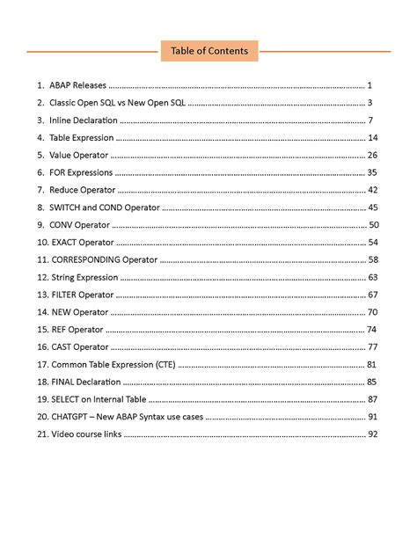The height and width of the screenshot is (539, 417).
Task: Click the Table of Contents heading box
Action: [x=208, y=51]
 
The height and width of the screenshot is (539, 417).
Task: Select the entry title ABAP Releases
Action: [x=77, y=85]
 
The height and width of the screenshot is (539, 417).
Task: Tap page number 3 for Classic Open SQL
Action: [x=371, y=103]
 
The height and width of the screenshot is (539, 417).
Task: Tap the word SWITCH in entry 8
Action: [x=69, y=208]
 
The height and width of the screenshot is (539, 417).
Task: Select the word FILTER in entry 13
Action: [x=66, y=295]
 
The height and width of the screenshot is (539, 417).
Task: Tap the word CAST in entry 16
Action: [x=63, y=346]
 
